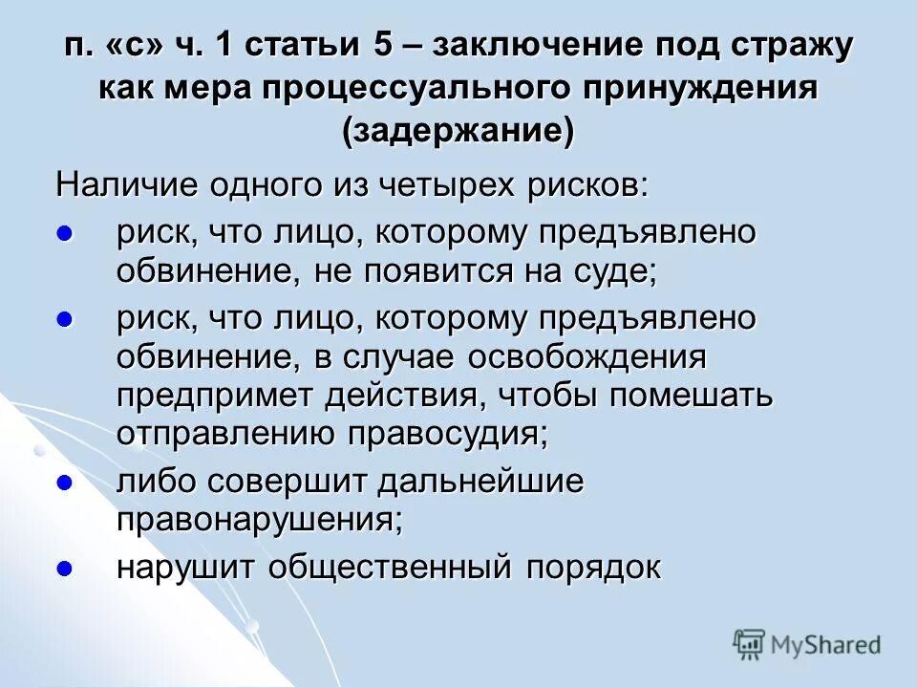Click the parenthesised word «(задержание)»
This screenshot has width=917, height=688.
458,130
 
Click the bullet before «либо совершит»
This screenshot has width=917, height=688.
65,484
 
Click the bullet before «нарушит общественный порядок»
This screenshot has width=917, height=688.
65,569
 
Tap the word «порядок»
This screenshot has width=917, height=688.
592,568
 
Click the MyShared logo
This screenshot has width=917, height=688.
807,645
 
